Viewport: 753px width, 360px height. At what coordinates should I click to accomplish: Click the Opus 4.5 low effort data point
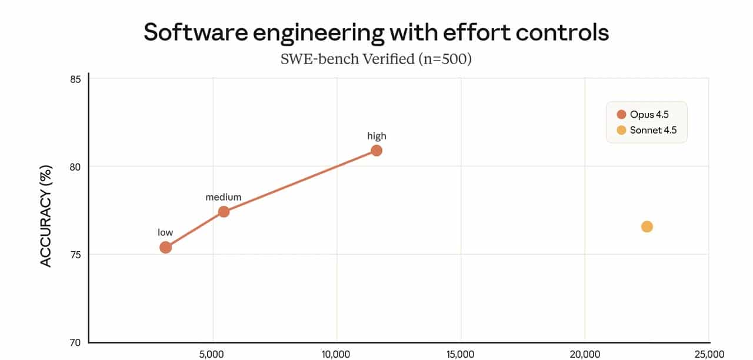[165, 247]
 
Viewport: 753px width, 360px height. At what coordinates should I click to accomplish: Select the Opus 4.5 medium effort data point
[224, 212]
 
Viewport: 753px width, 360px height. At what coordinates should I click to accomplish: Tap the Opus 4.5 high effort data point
[376, 151]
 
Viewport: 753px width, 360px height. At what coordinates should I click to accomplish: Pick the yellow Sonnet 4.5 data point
[647, 226]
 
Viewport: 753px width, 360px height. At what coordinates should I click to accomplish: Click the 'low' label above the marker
[165, 232]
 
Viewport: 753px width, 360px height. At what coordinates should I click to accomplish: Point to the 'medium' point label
[224, 198]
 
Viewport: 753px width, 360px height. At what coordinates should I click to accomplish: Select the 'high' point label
[376, 136]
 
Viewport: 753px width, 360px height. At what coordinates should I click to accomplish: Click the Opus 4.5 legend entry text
[649, 114]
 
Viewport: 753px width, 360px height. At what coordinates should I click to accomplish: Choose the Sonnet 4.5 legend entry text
[653, 130]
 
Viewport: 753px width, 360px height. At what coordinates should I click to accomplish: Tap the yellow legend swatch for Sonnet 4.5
[621, 130]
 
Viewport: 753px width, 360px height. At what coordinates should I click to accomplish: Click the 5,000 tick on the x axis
[212, 354]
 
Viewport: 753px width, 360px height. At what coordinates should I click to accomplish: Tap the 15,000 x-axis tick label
[461, 354]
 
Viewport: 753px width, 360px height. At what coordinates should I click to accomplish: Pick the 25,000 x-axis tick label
[708, 354]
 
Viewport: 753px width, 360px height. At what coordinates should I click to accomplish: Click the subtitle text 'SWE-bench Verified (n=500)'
[376, 59]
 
